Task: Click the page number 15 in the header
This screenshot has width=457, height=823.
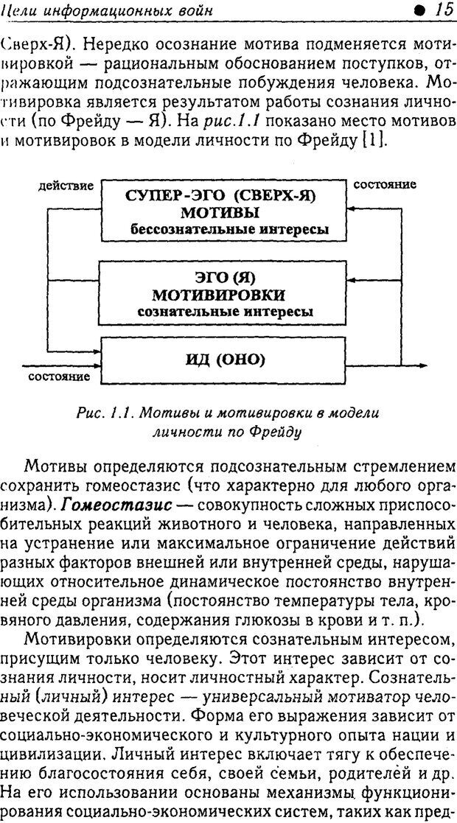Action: tap(442, 10)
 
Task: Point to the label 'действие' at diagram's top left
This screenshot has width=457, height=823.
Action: tap(66, 186)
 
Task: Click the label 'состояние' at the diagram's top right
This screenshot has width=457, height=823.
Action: tap(385, 185)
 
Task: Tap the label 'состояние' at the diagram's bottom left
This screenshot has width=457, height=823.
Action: tap(59, 377)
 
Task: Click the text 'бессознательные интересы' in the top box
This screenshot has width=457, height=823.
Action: tap(228, 229)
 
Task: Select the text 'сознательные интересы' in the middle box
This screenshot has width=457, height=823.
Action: tap(225, 312)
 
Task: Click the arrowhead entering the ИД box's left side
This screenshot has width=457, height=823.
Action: tap(95, 365)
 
